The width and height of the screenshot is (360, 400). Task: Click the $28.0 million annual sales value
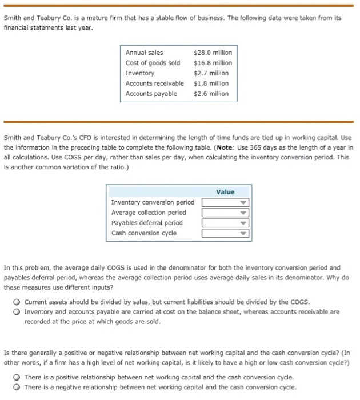[211, 53]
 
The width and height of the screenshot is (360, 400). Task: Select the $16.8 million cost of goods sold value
[211, 63]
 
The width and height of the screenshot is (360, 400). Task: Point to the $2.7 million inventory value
[211, 73]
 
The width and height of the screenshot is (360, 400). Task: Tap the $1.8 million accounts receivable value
[211, 83]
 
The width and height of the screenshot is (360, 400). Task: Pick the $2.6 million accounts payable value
[211, 94]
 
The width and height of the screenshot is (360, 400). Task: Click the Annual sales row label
[144, 53]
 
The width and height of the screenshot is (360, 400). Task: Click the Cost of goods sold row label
[153, 63]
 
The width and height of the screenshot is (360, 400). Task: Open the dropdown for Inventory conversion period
[225, 202]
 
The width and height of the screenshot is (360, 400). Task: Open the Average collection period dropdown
[225, 213]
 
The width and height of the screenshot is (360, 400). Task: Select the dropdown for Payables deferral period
[225, 223]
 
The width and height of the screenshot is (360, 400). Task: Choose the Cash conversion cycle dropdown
[225, 233]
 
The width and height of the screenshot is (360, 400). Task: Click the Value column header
[225, 192]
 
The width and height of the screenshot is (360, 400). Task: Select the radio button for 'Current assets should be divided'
[18, 301]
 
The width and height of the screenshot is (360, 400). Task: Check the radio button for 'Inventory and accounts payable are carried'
[18, 311]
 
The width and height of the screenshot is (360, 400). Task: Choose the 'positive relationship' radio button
[18, 377]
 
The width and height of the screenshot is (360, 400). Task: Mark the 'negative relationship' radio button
[18, 387]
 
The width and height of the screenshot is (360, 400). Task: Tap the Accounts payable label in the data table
[151, 94]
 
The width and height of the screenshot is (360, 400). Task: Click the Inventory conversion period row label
[153, 202]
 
